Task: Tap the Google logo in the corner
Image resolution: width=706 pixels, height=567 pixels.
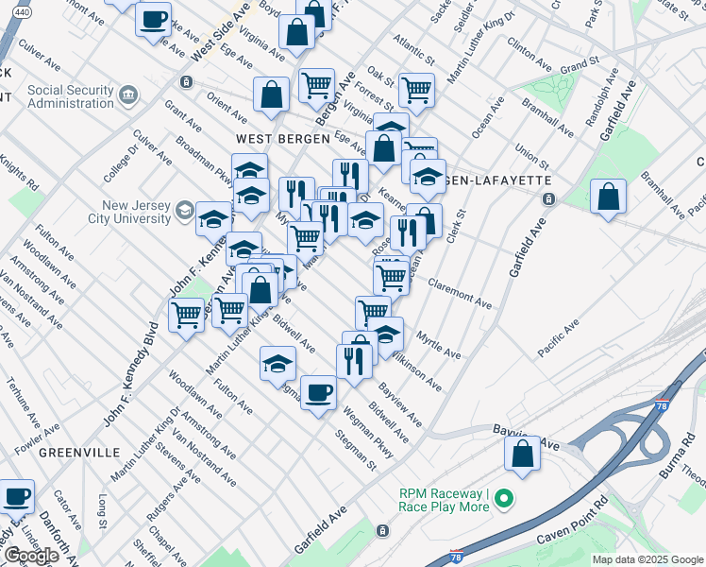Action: point(30,555)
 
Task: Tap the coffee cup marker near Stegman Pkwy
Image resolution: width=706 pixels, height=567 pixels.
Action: point(317,390)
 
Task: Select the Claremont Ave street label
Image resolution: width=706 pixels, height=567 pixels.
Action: point(459,293)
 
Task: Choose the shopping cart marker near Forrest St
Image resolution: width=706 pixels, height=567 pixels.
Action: point(415,91)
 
